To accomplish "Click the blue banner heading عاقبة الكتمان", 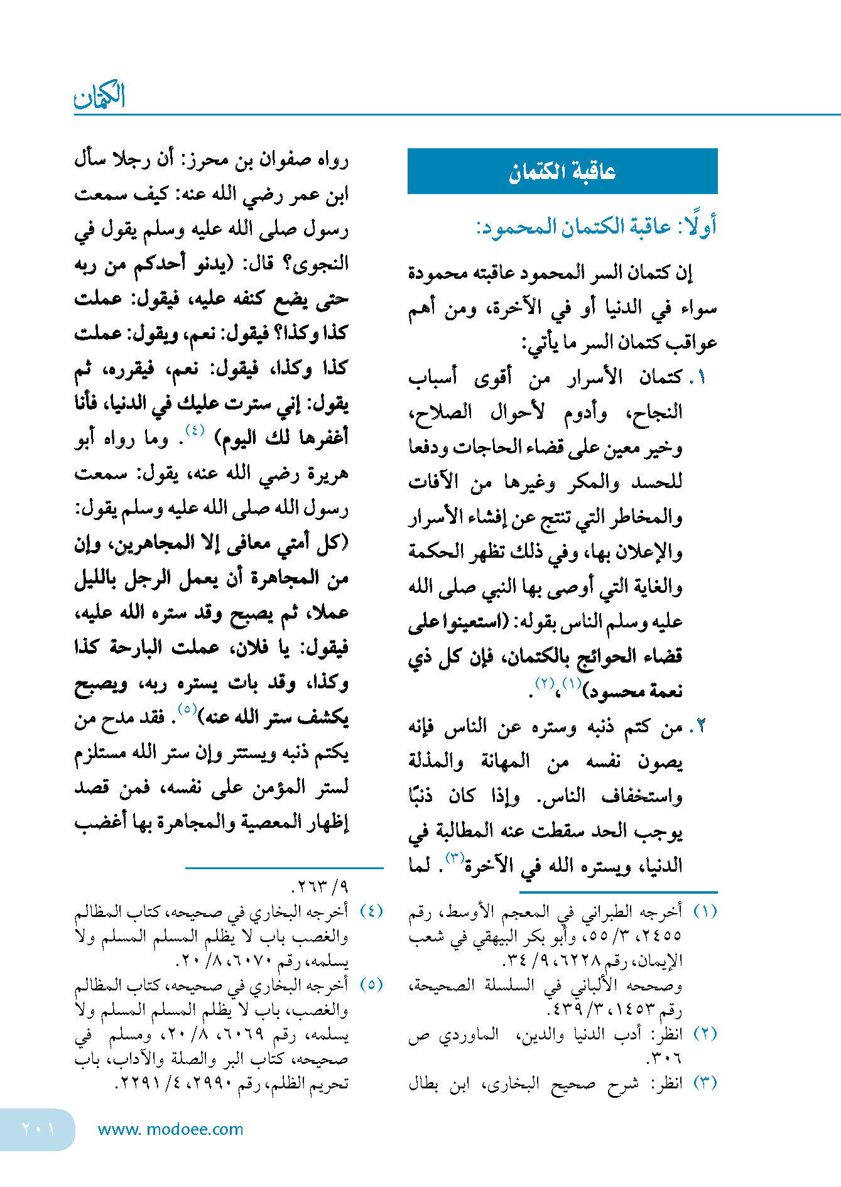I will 562,171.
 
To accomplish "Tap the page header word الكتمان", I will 100,97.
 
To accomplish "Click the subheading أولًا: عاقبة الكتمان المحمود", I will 596,227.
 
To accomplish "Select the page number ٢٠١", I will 38,1129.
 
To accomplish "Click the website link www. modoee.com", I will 170,1129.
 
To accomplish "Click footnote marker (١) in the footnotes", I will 705,911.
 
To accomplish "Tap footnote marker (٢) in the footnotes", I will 705,1034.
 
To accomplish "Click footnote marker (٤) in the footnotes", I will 371,911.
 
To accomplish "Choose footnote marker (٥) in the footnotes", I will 371,985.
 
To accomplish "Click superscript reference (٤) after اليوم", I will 195,431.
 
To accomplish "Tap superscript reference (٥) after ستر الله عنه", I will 187,709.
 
